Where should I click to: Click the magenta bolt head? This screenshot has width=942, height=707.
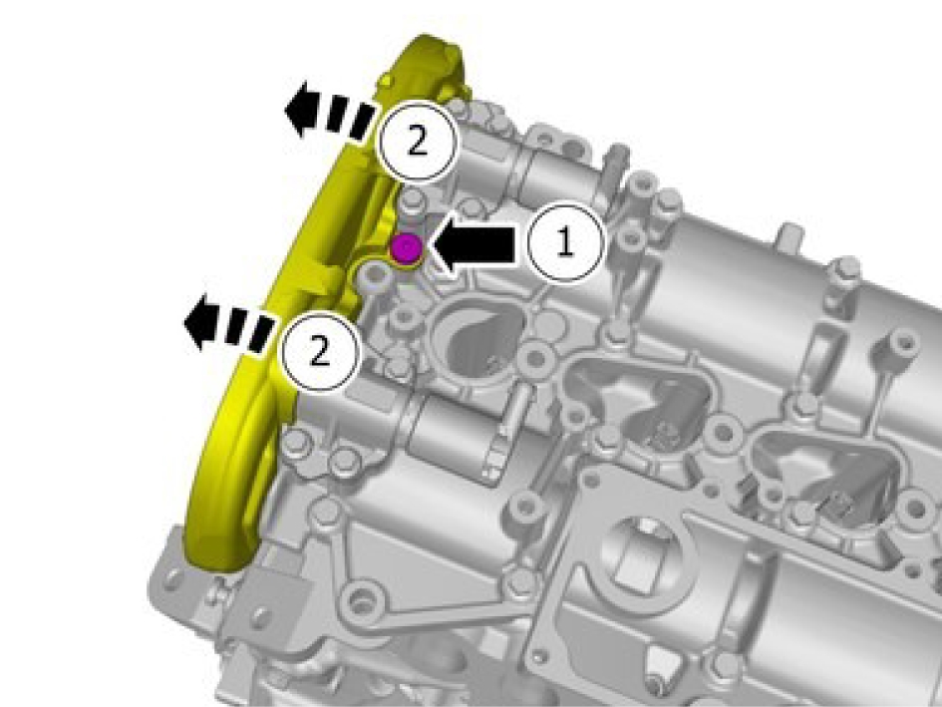click(406, 247)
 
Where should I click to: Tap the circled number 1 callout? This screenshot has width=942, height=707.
click(565, 243)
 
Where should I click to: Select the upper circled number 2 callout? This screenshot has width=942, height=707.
click(417, 143)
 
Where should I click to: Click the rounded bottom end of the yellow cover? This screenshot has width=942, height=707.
click(216, 556)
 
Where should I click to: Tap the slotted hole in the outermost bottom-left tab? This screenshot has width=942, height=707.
click(173, 579)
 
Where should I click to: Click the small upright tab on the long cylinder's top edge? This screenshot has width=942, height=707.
click(791, 235)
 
